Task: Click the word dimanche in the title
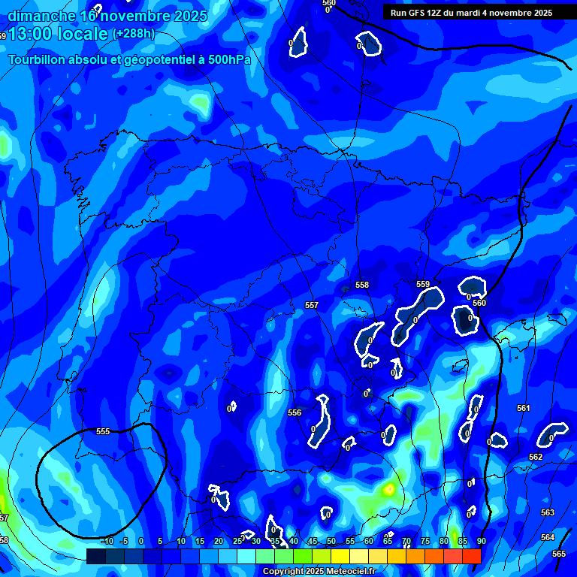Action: (41, 16)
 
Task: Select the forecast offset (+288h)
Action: (133, 34)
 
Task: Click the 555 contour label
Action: (103, 431)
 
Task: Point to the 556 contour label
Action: (295, 412)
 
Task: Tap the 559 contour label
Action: (423, 285)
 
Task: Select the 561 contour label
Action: (524, 408)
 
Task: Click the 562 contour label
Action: (536, 457)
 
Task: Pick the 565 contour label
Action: (559, 554)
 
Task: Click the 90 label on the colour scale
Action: (481, 541)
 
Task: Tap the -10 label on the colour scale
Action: (106, 541)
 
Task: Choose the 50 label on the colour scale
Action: (331, 541)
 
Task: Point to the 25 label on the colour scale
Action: (237, 541)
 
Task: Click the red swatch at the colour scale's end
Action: (471, 556)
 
